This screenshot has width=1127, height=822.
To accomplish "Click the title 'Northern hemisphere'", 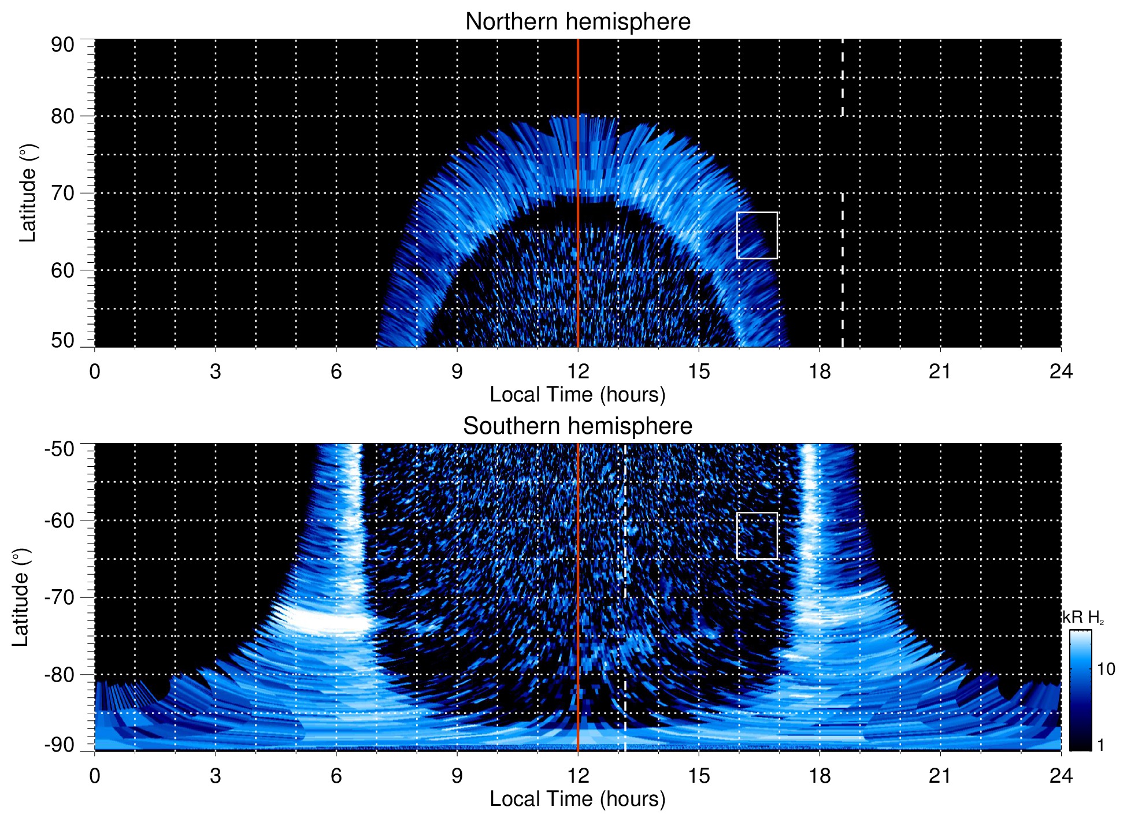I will click(x=577, y=22).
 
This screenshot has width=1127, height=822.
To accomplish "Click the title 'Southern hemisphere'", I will click(x=577, y=426).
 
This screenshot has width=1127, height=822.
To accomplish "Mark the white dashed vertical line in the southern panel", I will click(x=625, y=578).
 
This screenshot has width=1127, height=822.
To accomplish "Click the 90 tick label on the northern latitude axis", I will click(x=62, y=45).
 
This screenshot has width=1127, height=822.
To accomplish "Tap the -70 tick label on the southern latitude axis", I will click(x=60, y=597).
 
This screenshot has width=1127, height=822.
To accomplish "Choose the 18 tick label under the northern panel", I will click(x=820, y=371).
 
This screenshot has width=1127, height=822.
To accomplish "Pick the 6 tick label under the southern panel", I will click(x=336, y=776).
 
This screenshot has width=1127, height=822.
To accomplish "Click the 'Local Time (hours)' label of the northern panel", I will click(x=577, y=395).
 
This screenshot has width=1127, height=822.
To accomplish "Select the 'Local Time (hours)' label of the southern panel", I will click(x=577, y=799).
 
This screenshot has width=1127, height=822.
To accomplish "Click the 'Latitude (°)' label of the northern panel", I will click(x=27, y=194).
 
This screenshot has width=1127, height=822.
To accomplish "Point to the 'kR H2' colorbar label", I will click(x=1083, y=618).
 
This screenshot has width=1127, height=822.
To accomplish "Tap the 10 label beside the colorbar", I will click(x=1106, y=669).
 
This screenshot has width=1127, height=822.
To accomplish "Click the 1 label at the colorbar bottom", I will click(x=1100, y=745).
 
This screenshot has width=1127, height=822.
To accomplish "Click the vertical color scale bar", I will click(x=1080, y=690).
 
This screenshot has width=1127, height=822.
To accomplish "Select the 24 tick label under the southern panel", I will click(x=1061, y=776).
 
